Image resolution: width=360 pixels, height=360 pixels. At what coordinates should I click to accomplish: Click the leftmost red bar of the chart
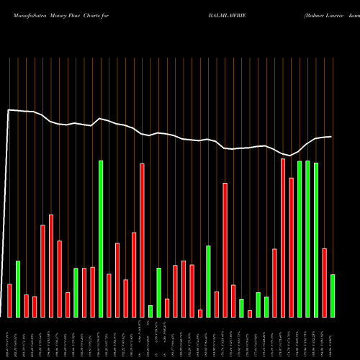coord(9,301)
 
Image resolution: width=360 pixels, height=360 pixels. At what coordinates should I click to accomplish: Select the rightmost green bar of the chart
coord(333,296)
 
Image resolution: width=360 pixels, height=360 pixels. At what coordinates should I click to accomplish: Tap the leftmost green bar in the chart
coord(18,289)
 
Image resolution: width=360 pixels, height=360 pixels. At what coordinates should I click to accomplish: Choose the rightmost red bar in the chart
coord(324,282)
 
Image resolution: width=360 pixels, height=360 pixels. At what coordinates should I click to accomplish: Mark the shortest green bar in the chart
coord(150,311)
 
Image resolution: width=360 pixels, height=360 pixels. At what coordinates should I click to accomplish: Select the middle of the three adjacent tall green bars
coord(307,239)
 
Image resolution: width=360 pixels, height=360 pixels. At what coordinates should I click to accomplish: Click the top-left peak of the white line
coord(9,110)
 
